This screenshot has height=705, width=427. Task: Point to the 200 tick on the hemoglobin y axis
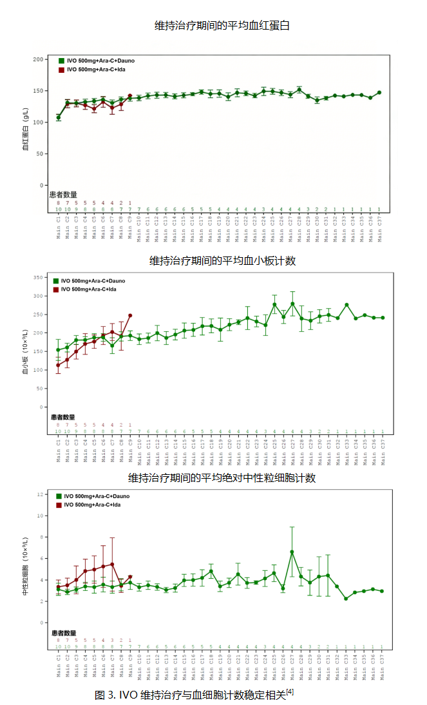(38, 59)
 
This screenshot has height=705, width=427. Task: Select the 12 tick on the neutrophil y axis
(40, 494)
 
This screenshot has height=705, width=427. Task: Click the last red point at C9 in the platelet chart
(130, 316)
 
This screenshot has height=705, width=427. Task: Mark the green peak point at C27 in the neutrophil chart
(292, 552)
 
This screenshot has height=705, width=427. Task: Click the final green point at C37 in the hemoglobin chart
(379, 93)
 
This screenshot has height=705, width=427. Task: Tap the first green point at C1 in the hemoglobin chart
(59, 117)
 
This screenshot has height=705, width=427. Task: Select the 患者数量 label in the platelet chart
(64, 417)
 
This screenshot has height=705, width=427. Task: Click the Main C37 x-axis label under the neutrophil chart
(382, 664)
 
